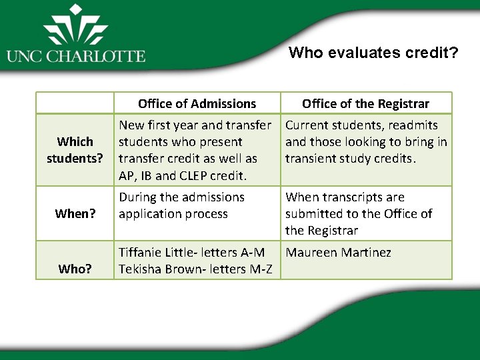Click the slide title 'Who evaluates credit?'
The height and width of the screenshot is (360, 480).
coord(373,53)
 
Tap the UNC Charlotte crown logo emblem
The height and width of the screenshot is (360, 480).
coord(75,27)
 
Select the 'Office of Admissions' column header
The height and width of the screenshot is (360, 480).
coord(197,103)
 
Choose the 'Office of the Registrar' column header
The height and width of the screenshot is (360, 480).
coord(365,103)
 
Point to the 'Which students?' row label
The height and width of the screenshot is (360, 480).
coord(75,150)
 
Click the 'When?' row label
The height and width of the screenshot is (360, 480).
coord(75,214)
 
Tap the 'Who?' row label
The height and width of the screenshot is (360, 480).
coord(75,269)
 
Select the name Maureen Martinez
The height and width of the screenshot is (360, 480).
coord(338,253)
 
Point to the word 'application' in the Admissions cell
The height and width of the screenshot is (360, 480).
coord(151,214)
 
